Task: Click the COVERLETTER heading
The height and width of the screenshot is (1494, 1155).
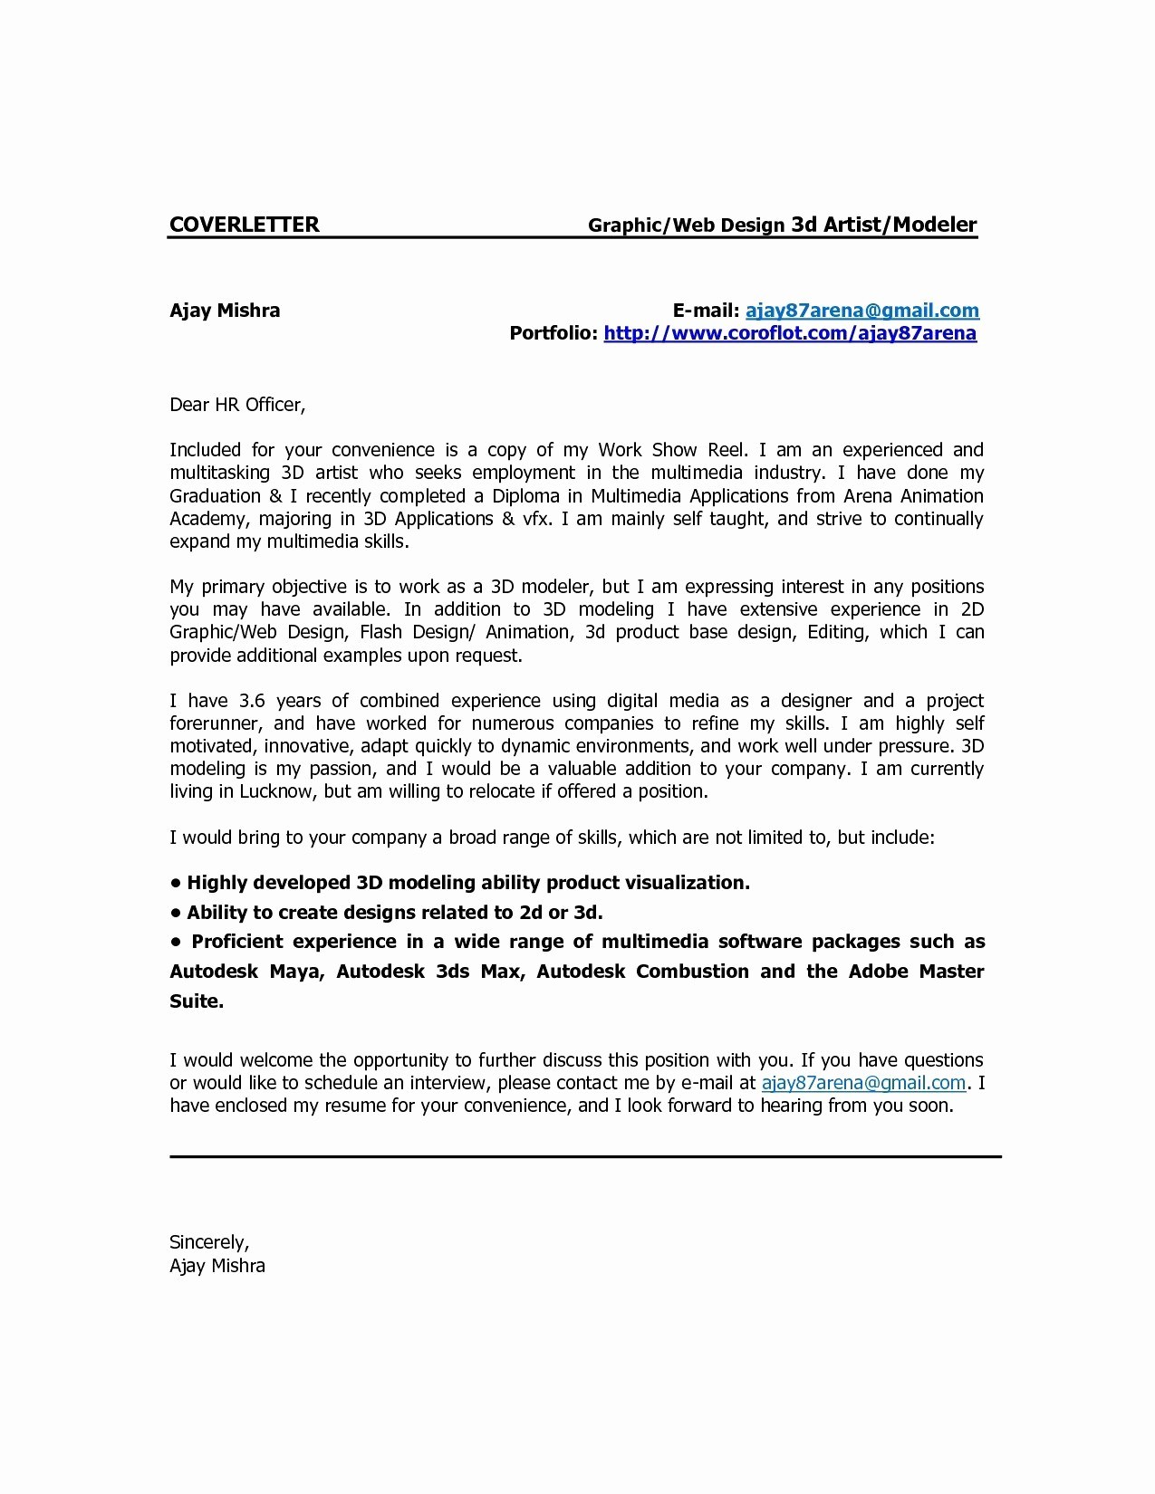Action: (244, 225)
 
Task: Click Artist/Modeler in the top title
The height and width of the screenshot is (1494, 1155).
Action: (900, 225)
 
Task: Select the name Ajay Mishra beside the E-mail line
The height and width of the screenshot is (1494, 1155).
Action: (225, 311)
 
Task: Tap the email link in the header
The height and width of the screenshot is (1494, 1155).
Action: (861, 311)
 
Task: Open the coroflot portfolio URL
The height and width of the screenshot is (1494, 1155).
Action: (790, 333)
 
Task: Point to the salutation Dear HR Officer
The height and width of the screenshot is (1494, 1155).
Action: (237, 405)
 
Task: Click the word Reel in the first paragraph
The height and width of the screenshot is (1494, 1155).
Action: (725, 450)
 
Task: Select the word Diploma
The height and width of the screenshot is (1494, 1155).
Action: (526, 496)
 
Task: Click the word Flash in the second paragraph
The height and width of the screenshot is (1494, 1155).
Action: (380, 632)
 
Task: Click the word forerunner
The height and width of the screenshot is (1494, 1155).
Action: (216, 723)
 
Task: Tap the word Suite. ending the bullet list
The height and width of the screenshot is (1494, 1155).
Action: (197, 1001)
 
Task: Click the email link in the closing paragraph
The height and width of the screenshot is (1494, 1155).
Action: (863, 1083)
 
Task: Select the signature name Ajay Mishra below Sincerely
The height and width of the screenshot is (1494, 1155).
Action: (217, 1266)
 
